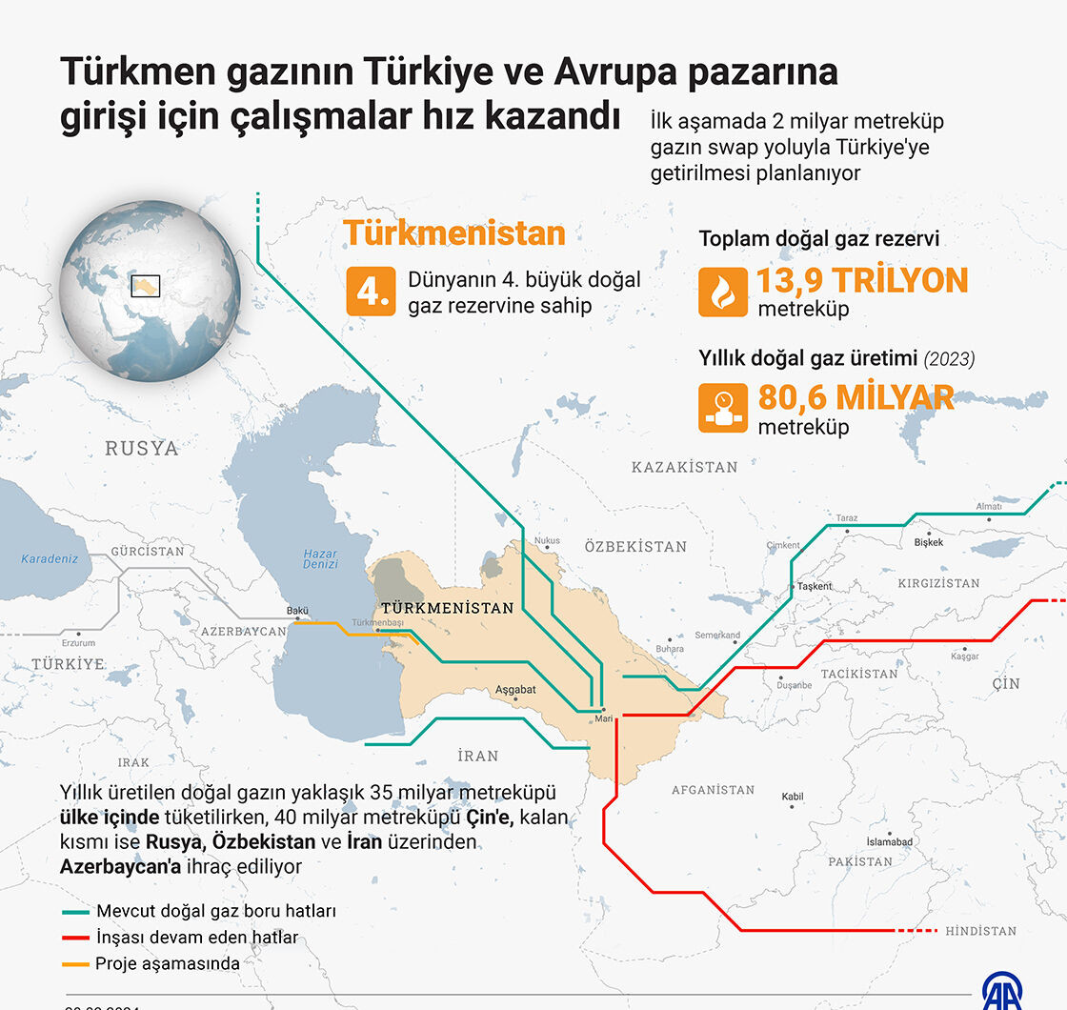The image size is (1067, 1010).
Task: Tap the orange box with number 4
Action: coord(371,292)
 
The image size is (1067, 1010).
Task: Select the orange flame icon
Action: coord(723,292)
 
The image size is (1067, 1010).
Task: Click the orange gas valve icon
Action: coord(723,408)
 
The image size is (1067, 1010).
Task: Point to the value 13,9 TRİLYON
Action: coord(861,280)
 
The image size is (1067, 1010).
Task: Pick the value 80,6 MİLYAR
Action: coord(856,397)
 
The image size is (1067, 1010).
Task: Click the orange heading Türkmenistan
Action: coord(454,233)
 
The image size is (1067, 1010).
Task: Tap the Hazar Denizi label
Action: coord(320,559)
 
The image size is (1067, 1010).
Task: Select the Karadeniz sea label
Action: coord(50,559)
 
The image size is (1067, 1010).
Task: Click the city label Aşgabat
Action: coord(515,690)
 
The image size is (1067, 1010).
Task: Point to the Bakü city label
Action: coord(298,612)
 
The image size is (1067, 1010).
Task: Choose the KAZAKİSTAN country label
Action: coord(684,467)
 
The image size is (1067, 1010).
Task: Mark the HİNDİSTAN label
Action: coord(980,931)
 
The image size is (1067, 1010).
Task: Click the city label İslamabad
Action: coord(889,842)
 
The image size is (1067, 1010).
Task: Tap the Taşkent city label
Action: coord(815,587)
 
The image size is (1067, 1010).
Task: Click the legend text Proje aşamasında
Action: coord(168,963)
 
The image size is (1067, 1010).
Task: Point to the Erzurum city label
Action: coord(78,643)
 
